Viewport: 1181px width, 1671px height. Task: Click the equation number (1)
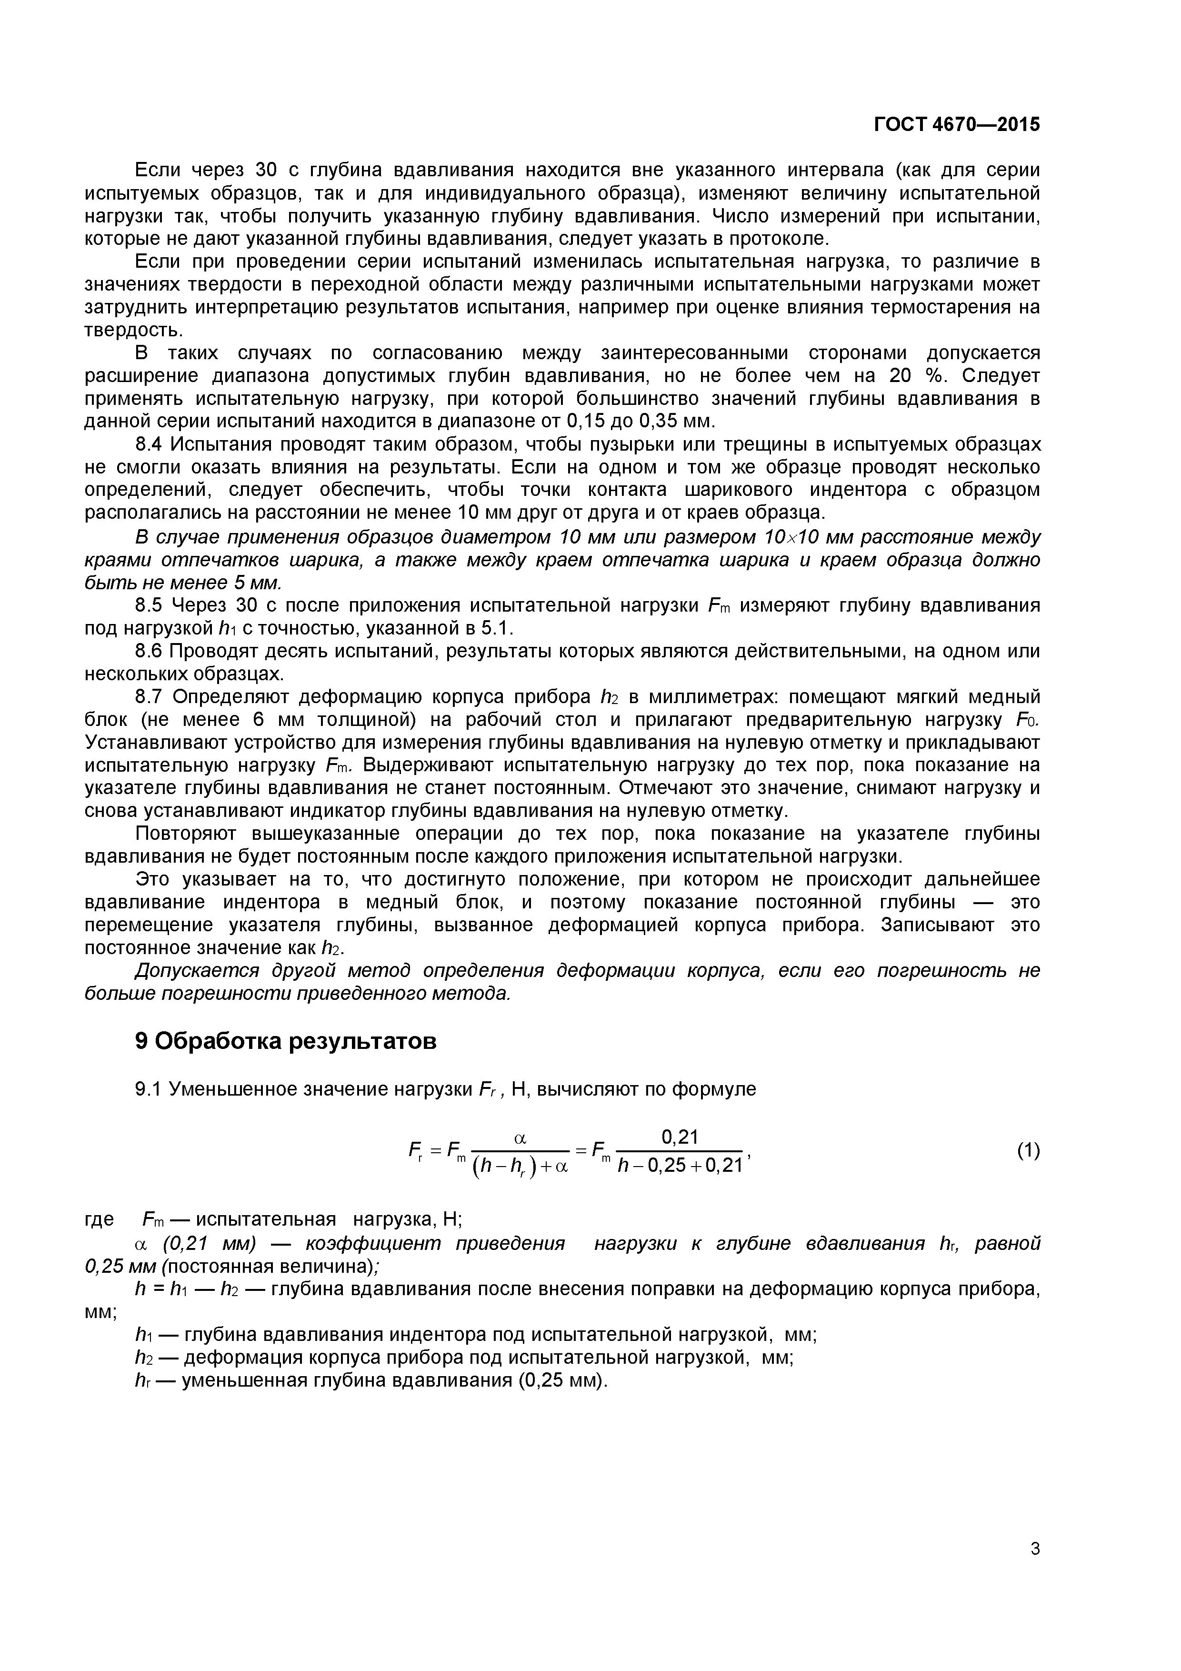pyautogui.click(x=1028, y=1151)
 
